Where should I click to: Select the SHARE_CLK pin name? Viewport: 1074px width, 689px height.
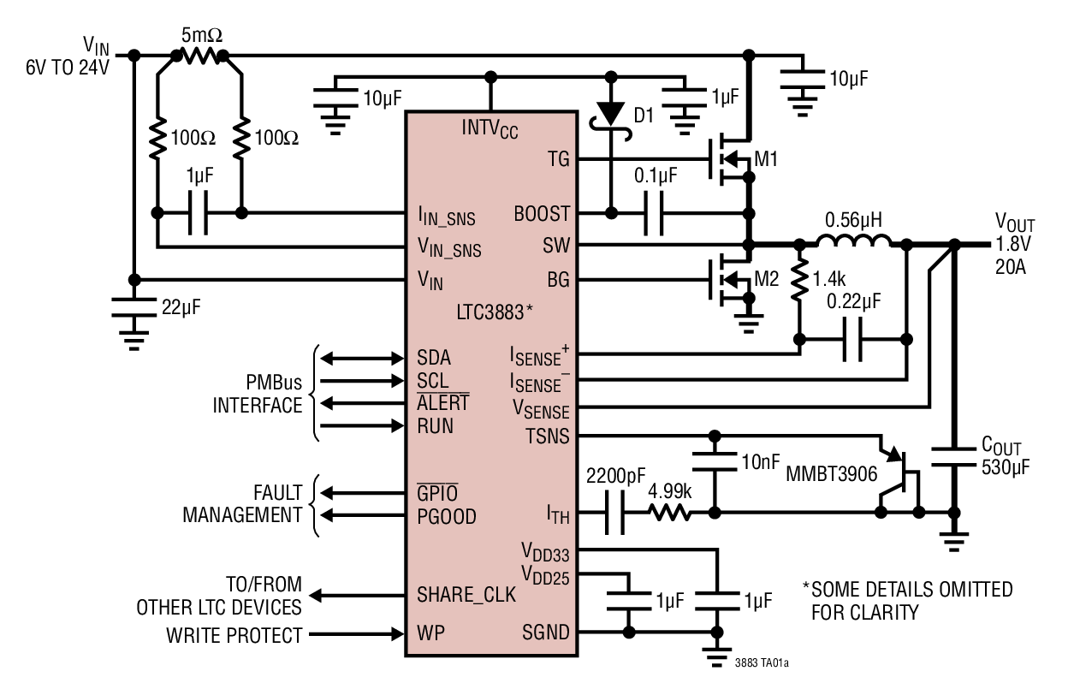click(466, 593)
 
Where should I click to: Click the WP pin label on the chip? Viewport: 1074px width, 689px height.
click(430, 634)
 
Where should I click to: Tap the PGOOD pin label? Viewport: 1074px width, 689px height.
click(447, 517)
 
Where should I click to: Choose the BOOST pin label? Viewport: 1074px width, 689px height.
click(543, 215)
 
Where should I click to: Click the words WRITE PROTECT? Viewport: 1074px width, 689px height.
click(235, 634)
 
